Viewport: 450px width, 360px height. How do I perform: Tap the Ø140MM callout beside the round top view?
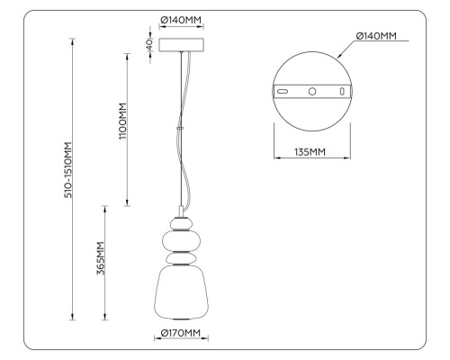[x=376, y=36]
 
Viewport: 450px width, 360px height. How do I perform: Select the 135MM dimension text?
[x=311, y=151]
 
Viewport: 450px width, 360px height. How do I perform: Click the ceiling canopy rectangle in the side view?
[x=183, y=44]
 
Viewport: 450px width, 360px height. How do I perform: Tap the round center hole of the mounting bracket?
[x=311, y=92]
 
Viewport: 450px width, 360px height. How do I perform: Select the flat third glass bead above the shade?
[x=183, y=258]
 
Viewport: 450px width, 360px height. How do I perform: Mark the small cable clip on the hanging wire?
[x=183, y=128]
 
